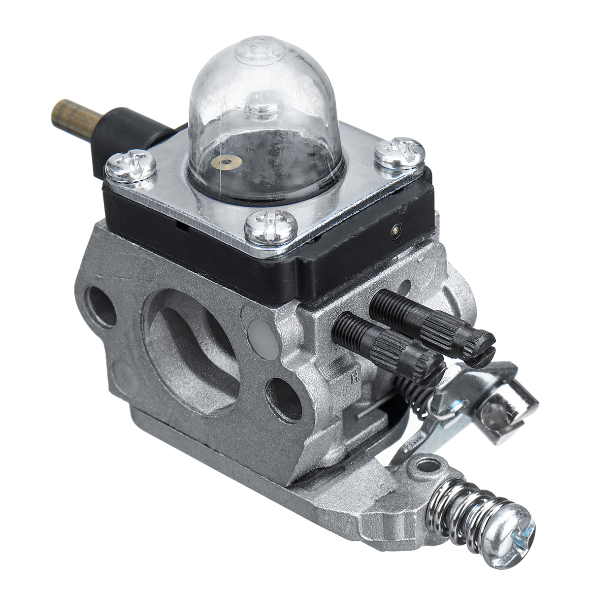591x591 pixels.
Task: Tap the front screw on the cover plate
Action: coord(270,228)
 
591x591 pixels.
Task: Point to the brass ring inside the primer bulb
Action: coord(227,162)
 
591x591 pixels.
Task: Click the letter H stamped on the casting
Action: coord(353,378)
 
